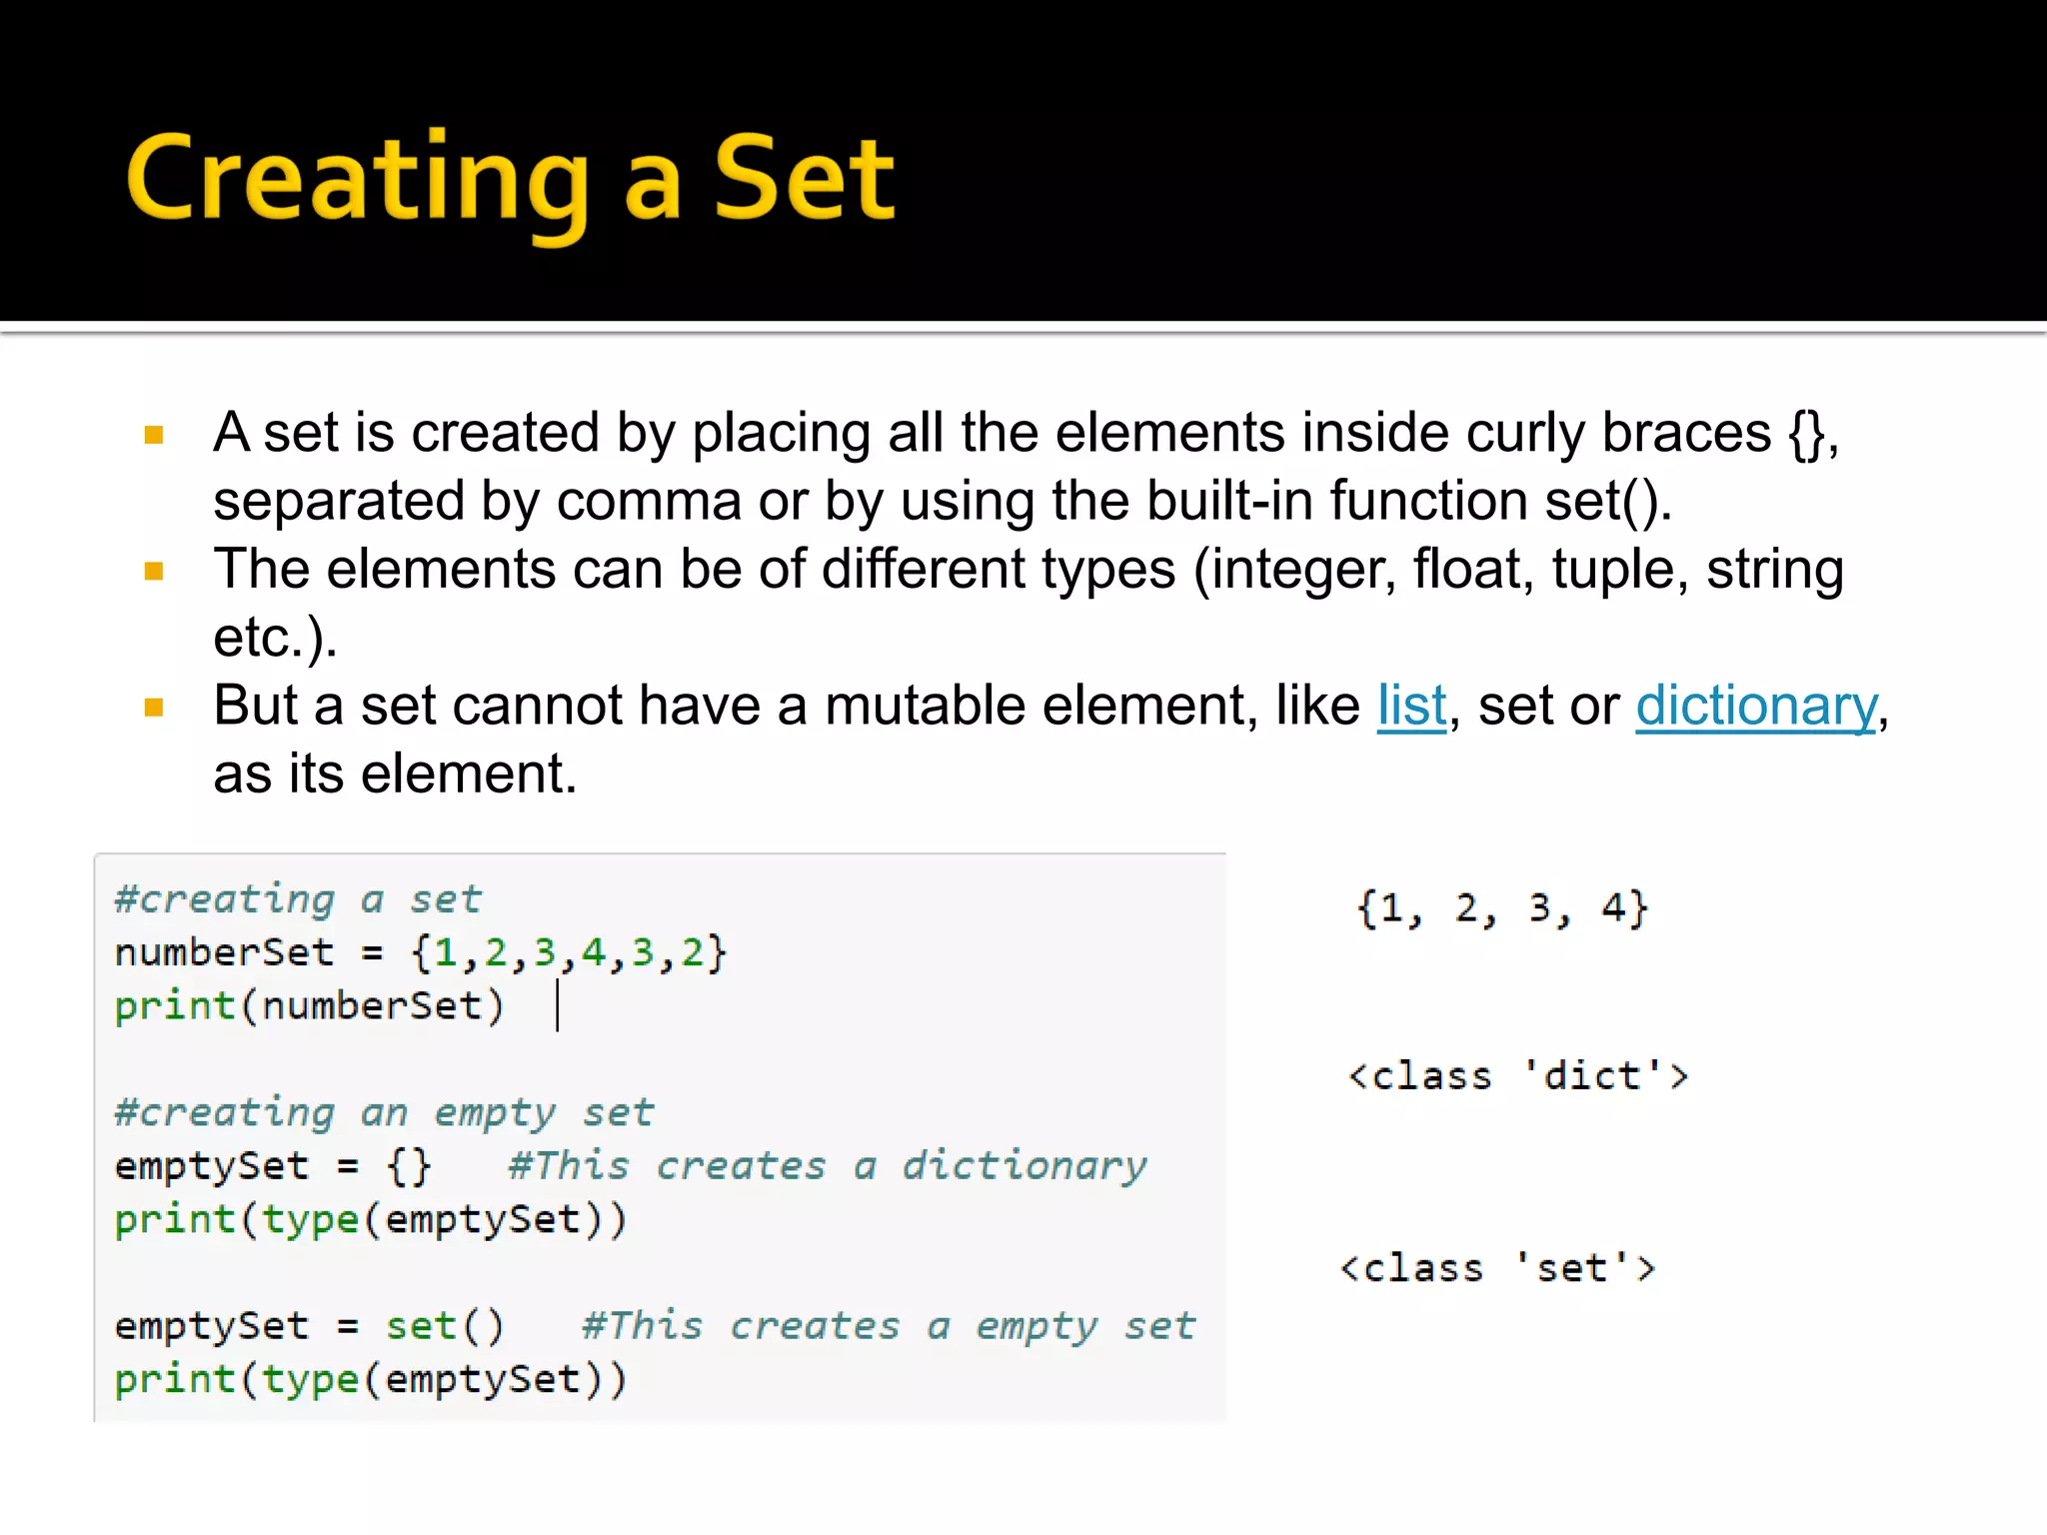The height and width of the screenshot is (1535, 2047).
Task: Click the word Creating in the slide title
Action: coord(357,180)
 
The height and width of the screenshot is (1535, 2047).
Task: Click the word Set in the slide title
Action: coord(804,180)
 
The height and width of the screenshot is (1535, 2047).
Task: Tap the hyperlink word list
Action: coord(1411,706)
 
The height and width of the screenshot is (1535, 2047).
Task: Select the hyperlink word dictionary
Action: coord(1756,706)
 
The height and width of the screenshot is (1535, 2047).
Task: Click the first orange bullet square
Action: coord(154,435)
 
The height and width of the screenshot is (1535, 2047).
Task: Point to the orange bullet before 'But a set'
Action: coord(154,709)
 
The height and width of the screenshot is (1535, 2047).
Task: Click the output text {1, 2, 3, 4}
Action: coord(1502,909)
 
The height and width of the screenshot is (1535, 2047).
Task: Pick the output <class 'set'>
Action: coord(1498,1268)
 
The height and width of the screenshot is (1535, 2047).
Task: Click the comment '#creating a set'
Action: coord(298,899)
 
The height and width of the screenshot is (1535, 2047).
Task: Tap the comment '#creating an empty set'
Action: coord(384,1112)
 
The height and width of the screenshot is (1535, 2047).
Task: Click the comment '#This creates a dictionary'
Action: coord(828,1166)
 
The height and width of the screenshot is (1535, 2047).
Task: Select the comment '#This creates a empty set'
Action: coord(889,1326)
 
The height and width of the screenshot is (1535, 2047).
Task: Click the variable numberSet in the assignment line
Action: coord(224,952)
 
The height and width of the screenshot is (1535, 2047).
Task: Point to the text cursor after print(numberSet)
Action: coord(558,1005)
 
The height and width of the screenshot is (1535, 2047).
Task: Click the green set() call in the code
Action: coord(445,1326)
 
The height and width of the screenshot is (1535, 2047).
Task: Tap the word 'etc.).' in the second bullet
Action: coord(275,638)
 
